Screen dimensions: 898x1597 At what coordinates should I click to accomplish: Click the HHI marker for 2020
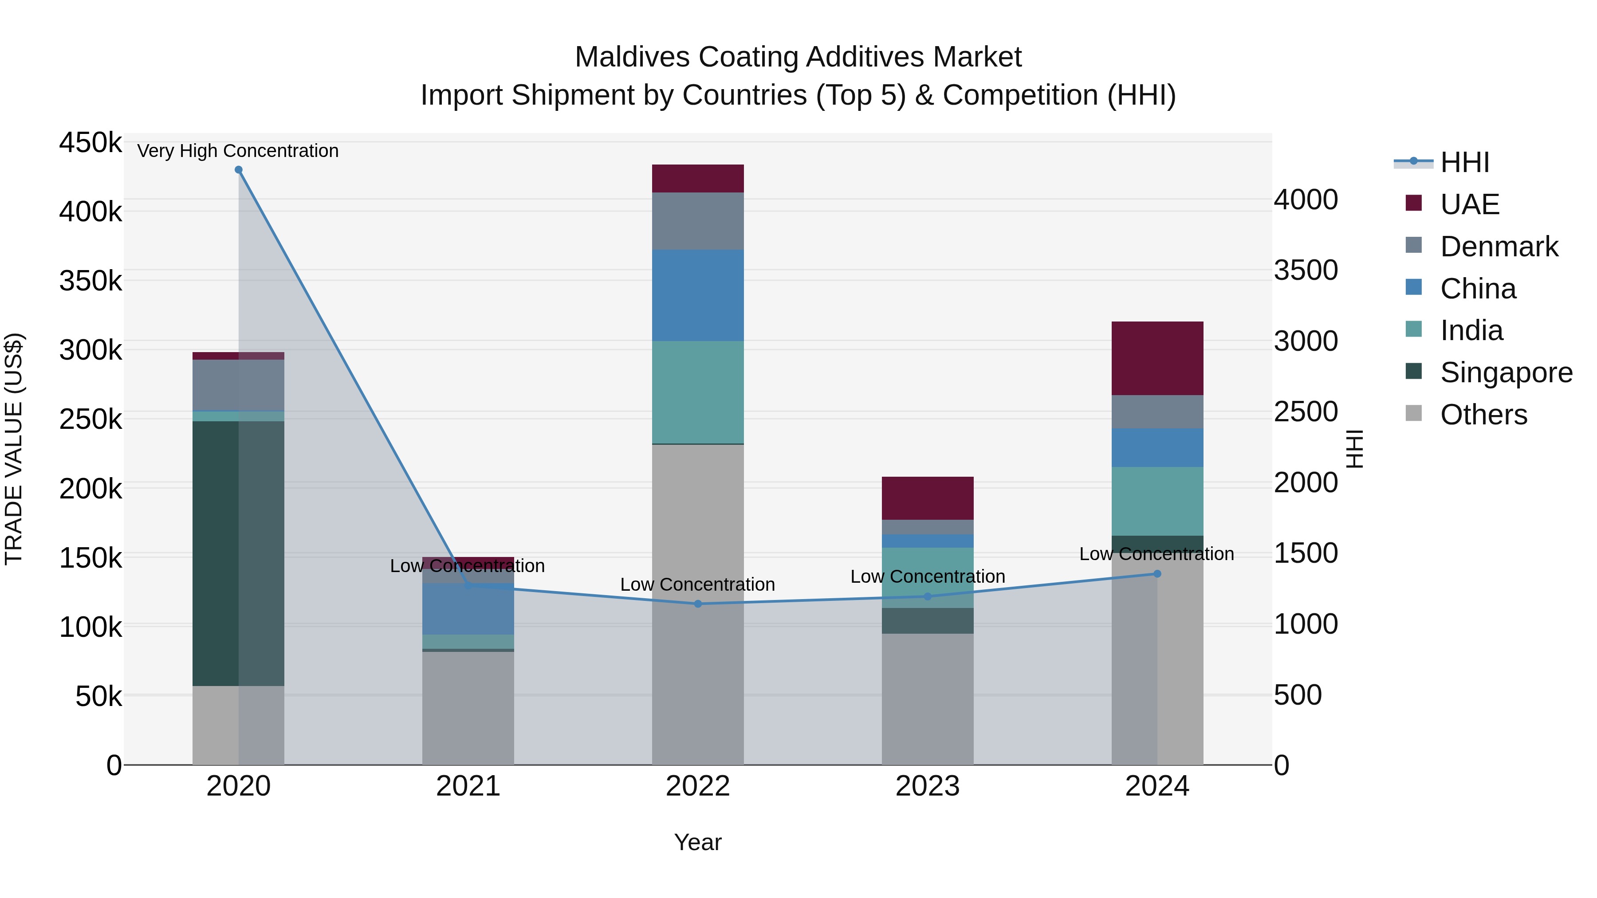point(239,170)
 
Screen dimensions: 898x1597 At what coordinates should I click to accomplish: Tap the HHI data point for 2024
point(1157,574)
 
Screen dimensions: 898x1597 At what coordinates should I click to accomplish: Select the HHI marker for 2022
point(698,604)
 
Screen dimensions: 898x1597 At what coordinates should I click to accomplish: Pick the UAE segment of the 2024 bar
point(1157,358)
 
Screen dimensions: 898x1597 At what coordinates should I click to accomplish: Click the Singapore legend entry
point(1505,373)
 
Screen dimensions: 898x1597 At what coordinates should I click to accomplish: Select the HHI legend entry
point(1464,162)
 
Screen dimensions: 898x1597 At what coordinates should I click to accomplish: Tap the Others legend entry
point(1483,415)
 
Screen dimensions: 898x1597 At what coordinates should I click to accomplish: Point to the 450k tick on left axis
point(90,142)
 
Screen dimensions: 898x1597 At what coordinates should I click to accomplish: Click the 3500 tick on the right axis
point(1306,270)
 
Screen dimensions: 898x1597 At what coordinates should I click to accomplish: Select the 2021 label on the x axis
point(468,786)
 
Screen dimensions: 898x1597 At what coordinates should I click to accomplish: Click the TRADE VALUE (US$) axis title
point(14,449)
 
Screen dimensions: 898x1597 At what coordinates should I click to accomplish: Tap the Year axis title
point(698,842)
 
